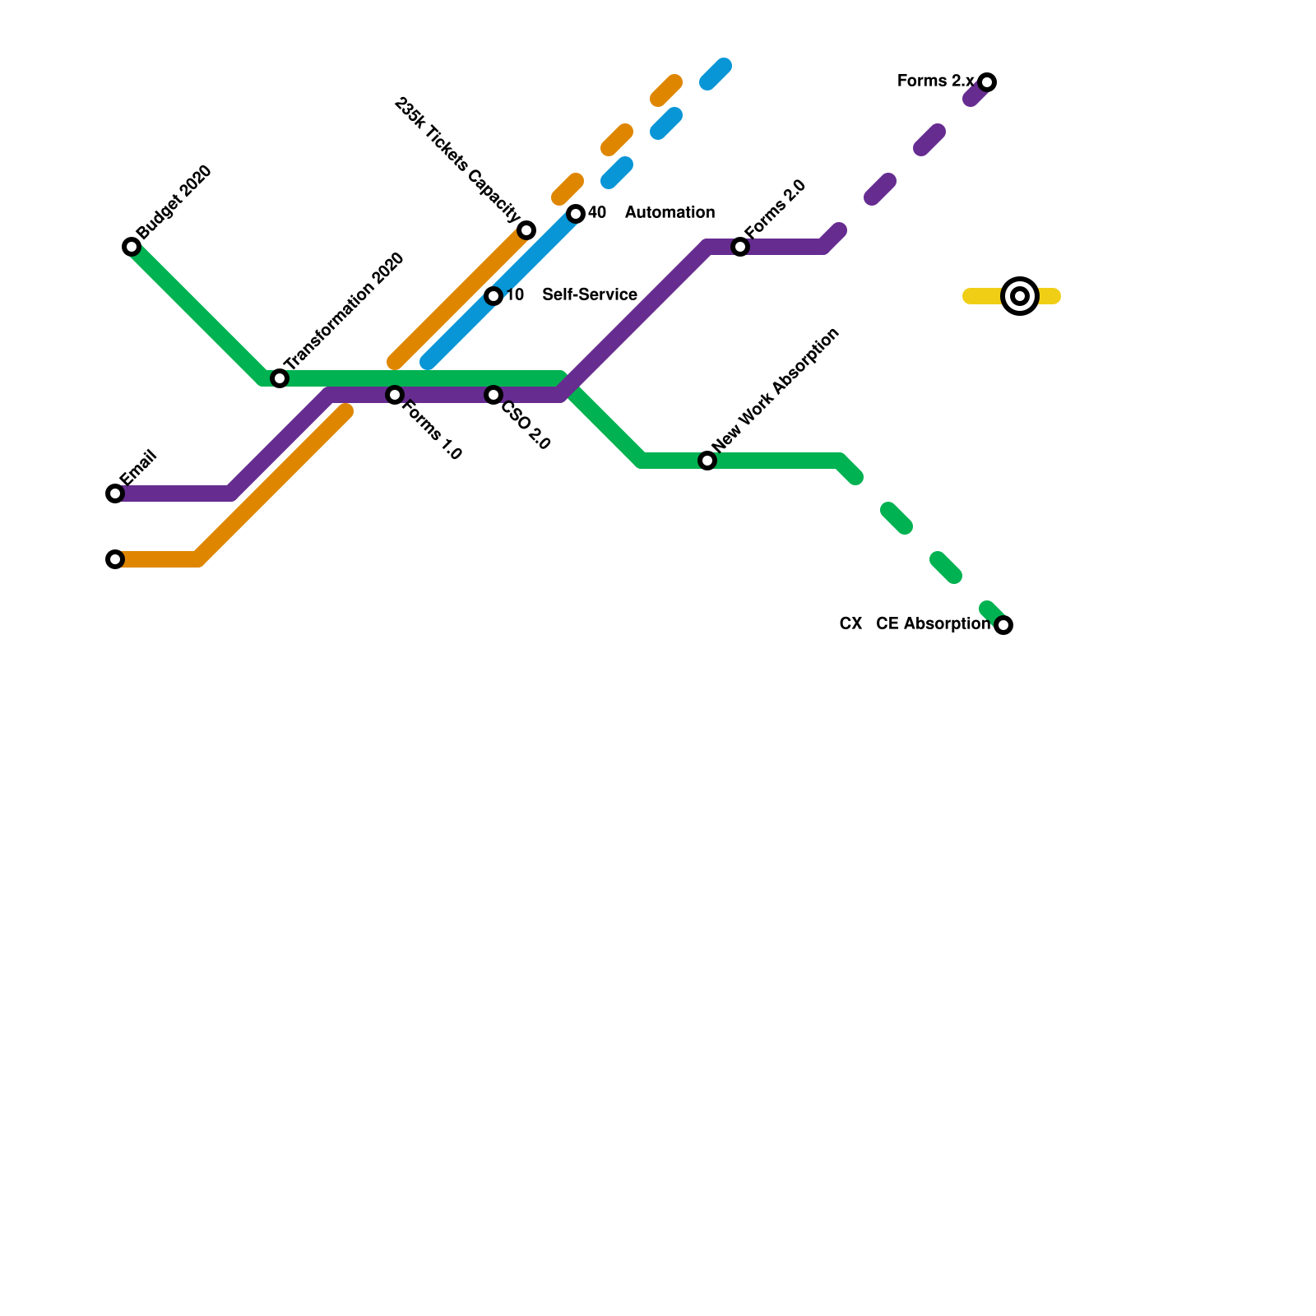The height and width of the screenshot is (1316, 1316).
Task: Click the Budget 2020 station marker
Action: coord(132,247)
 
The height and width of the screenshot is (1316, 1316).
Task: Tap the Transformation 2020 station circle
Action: coord(280,378)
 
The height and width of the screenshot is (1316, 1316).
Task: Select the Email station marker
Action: coord(115,493)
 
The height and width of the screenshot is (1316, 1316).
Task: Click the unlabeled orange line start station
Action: coord(115,559)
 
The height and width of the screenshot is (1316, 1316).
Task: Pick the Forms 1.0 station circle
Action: coord(395,395)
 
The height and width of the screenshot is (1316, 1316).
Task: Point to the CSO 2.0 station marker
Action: coord(493,395)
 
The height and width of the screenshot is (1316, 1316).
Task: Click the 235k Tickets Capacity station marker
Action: coord(526,230)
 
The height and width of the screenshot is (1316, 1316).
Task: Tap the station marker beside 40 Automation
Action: coord(576,214)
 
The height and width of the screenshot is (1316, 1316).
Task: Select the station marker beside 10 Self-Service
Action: coord(493,296)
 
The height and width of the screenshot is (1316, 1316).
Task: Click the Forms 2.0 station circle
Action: coord(740,247)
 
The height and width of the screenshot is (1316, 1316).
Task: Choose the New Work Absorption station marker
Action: coord(707,461)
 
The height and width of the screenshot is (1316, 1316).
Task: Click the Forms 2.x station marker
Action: coord(987,82)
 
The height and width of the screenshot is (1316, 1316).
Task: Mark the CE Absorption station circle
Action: coord(1003,625)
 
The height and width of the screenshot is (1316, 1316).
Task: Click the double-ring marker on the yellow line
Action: coord(1020,296)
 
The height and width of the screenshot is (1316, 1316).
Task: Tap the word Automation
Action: coord(670,213)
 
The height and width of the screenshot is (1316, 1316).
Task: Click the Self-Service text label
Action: coord(590,295)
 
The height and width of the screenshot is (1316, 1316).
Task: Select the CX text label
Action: coord(850,624)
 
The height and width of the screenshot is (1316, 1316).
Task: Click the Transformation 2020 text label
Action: coord(344,310)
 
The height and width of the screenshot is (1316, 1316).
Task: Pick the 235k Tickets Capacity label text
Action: coord(457,160)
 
